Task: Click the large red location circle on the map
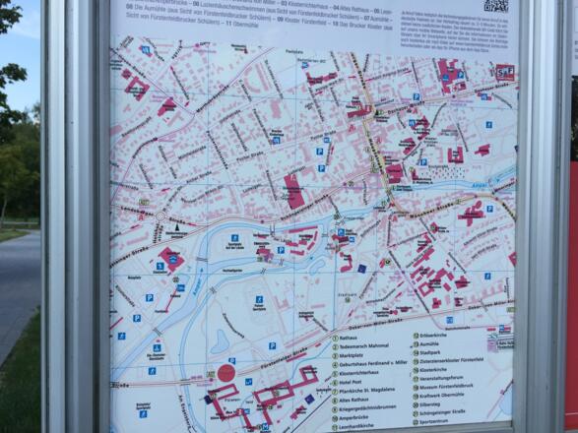click(x=225, y=373)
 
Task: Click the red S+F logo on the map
click(x=504, y=71)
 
